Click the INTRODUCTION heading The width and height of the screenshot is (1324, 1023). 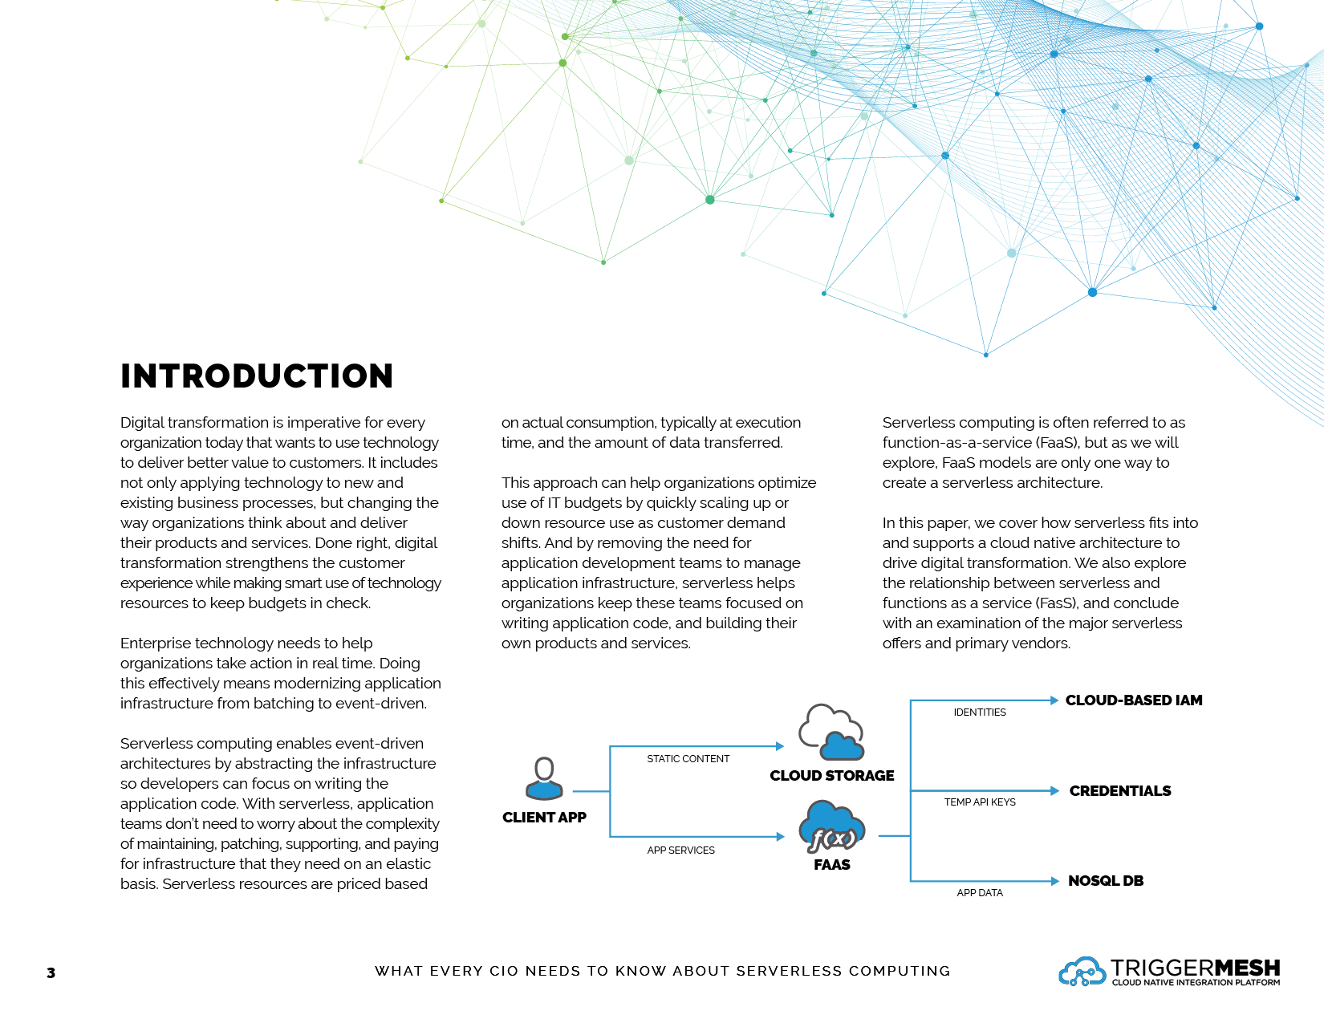tap(257, 376)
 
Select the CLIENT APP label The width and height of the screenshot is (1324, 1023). tap(544, 818)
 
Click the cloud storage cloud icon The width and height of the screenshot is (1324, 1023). tap(831, 732)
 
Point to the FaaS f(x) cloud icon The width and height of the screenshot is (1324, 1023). tap(832, 827)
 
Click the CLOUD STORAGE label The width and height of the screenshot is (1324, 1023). tap(832, 776)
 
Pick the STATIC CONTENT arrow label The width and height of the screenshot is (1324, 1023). tap(688, 759)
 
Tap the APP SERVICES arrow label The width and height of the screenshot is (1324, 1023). tap(680, 850)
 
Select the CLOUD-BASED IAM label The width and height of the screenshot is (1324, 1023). tap(1134, 700)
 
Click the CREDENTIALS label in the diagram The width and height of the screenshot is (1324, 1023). tap(1120, 791)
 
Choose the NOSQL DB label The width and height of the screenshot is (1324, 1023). tap(1106, 881)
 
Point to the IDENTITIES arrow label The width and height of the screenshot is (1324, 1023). tap(980, 712)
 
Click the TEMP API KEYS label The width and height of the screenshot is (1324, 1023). tap(980, 802)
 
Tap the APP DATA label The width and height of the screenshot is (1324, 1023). tap(980, 893)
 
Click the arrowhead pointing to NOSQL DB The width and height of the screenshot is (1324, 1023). tap(1055, 881)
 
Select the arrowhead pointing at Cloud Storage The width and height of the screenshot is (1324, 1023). tap(779, 746)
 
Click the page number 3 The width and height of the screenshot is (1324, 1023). tap(51, 973)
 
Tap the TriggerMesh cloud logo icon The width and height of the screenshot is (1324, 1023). tap(1082, 972)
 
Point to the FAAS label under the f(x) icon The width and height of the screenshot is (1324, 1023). tap(832, 865)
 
